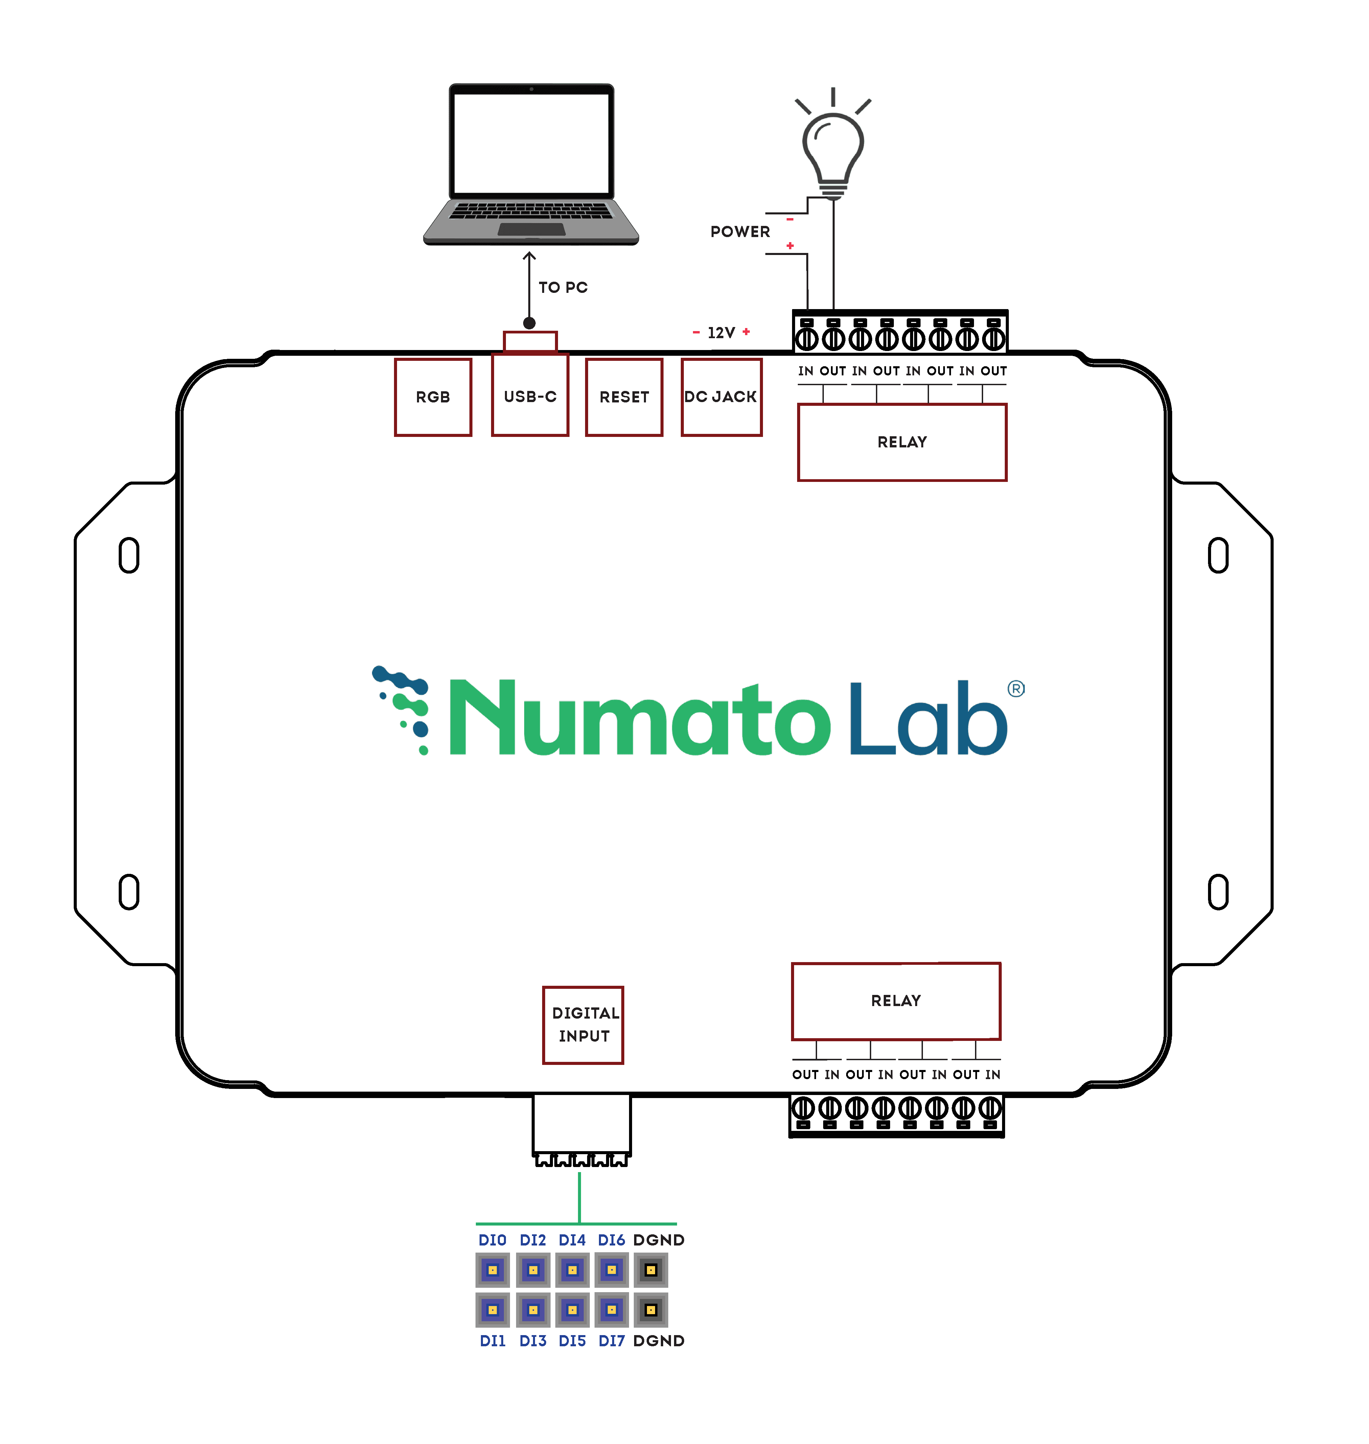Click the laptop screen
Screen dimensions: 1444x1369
pyautogui.click(x=531, y=142)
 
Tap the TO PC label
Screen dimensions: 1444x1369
pyautogui.click(x=563, y=287)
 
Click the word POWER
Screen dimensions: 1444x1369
pyautogui.click(x=740, y=232)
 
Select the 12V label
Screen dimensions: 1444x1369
pyautogui.click(x=721, y=333)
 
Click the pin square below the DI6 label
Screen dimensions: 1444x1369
pyautogui.click(x=611, y=1270)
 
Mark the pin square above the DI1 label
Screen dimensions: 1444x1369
pyautogui.click(x=493, y=1310)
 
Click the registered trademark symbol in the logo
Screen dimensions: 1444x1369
pyautogui.click(x=1016, y=689)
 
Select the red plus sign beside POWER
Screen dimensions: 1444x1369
pyautogui.click(x=790, y=246)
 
